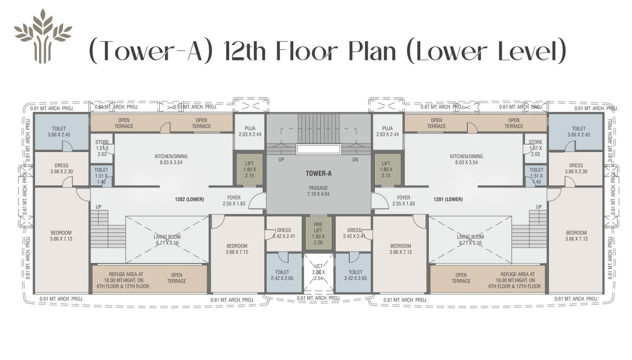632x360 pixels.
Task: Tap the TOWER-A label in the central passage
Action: coord(318,174)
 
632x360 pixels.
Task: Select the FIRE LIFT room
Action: coord(318,232)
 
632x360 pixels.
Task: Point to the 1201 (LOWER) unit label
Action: coord(448,199)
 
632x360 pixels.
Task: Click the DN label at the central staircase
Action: coord(355,159)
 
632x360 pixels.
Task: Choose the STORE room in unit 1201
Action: coord(535,148)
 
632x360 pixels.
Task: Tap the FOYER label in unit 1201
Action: coord(403,200)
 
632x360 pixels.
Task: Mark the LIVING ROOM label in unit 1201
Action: coord(470,240)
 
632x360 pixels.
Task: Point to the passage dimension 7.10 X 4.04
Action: coord(318,194)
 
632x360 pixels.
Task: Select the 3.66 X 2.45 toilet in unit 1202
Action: coord(59,131)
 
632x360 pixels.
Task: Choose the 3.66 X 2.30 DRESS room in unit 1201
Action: coord(575,168)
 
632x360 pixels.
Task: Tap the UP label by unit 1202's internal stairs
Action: coord(99,206)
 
